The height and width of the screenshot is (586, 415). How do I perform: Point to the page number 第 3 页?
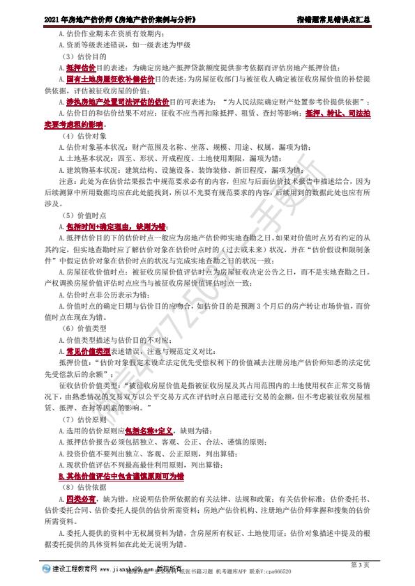pos(360,563)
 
